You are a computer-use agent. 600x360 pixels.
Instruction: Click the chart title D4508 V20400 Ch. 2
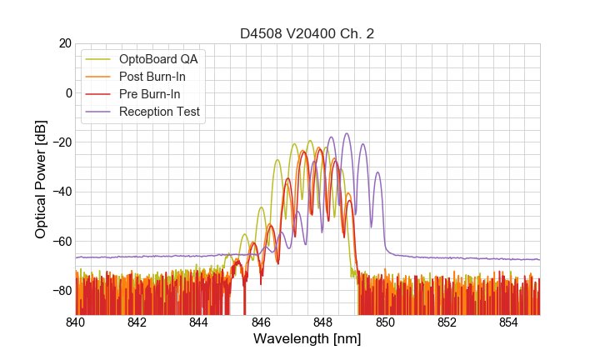pos(307,33)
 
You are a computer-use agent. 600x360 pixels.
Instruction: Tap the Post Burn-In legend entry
pos(152,77)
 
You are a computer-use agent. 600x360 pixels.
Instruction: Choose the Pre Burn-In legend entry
pos(149,94)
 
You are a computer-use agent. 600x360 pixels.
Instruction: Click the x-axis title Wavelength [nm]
pos(307,339)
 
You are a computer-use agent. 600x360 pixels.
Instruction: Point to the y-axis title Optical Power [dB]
pos(41,178)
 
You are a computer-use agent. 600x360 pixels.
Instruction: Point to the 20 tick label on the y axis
pos(64,43)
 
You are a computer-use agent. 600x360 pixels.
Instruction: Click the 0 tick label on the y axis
pos(67,92)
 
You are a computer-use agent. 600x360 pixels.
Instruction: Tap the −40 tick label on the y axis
pos(61,192)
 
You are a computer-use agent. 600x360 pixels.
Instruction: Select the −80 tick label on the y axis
pos(61,290)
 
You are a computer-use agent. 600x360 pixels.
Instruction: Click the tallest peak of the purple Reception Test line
pos(347,133)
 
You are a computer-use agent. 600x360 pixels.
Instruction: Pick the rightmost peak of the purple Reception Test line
pos(377,173)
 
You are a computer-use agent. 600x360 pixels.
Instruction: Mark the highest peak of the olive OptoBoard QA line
pos(310,141)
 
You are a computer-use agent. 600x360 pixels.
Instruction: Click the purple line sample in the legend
pos(98,112)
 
